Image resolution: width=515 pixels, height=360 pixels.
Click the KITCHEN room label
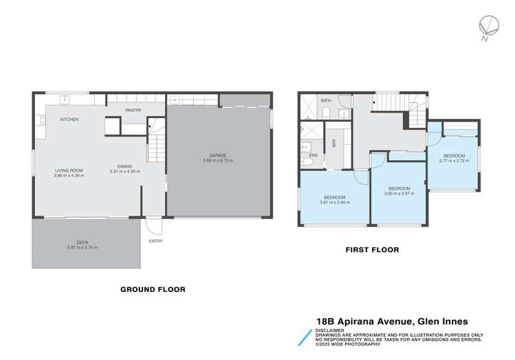[69, 120]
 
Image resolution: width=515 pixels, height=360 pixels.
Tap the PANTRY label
[133, 110]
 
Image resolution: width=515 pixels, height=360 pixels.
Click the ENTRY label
[156, 240]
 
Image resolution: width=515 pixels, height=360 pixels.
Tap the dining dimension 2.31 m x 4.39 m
[124, 171]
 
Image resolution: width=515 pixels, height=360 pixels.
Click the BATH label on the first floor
[326, 101]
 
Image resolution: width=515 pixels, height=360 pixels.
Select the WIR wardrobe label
[333, 143]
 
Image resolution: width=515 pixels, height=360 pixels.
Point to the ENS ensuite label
[314, 156]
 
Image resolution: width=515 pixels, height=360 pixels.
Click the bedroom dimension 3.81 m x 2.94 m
[335, 203]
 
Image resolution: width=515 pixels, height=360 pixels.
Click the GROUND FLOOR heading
[153, 289]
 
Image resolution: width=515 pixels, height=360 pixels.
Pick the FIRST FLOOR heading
[372, 250]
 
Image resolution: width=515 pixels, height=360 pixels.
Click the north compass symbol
[487, 25]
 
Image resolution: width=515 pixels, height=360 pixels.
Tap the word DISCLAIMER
[330, 328]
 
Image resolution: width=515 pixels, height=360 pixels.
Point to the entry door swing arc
[153, 226]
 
